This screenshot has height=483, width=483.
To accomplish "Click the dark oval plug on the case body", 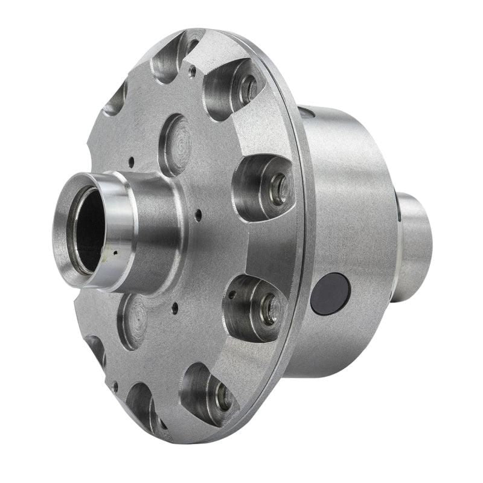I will (x=330, y=293).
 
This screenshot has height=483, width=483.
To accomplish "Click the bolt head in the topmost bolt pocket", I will (x=248, y=89).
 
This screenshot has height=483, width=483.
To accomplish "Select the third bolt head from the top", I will (x=269, y=308).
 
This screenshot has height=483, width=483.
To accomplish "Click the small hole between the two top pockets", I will (x=193, y=71).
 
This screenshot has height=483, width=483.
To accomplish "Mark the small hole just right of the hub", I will (x=198, y=212).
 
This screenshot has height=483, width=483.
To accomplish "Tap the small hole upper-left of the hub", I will (x=131, y=161).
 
